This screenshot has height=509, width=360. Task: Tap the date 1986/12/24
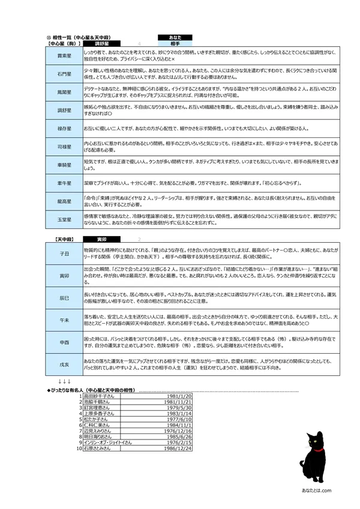[179, 448]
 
